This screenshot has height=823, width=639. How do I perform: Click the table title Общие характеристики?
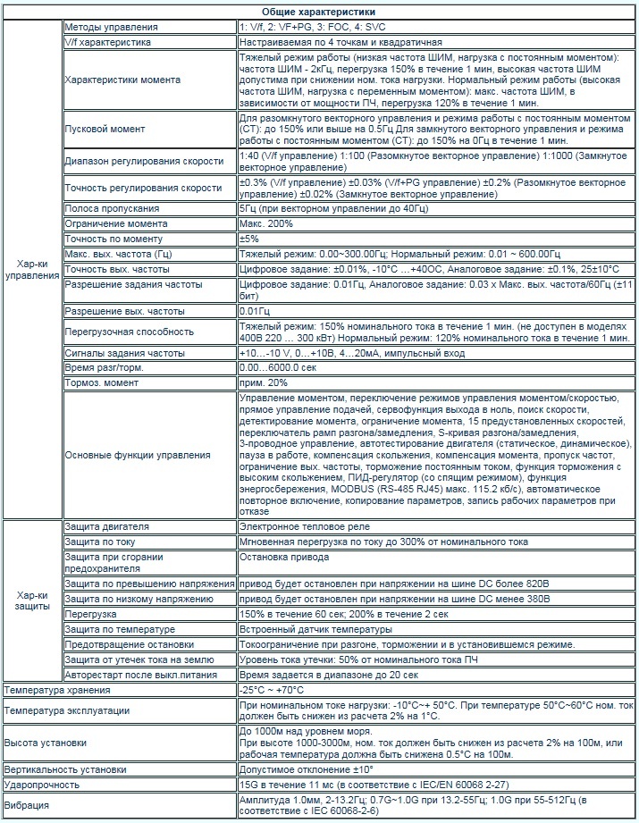[x=319, y=11]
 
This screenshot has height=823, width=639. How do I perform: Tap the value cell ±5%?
[x=249, y=239]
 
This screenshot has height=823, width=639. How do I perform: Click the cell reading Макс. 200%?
[x=265, y=223]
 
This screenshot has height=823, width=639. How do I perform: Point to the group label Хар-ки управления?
[x=32, y=269]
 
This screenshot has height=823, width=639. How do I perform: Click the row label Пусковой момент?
[x=97, y=129]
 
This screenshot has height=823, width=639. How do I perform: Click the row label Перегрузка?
[x=91, y=614]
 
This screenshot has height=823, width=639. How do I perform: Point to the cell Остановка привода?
[x=284, y=556]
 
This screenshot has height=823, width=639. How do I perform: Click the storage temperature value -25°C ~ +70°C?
[x=272, y=690]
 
